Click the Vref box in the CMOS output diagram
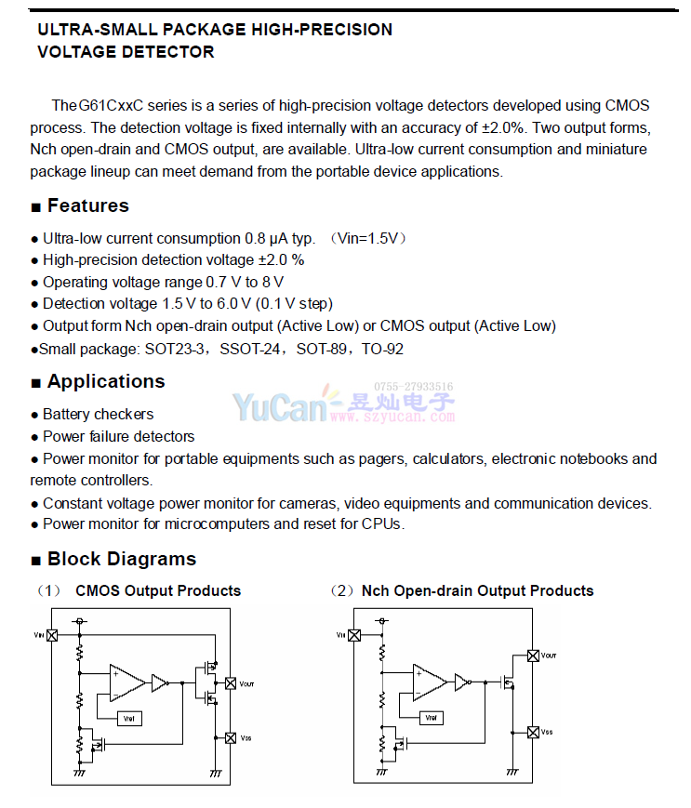pos(129,717)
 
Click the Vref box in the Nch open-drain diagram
pos(431,717)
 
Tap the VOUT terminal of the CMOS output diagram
pos(231,683)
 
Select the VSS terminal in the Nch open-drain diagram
pos(533,732)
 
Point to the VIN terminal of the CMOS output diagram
pos(52,635)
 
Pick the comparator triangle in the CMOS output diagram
pos(126,683)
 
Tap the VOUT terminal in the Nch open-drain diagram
pos(533,656)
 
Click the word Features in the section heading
pos(87,206)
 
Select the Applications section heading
pos(105,381)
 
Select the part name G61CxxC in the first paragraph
pos(110,105)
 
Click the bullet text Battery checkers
pos(98,414)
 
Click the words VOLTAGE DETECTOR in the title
pos(126,52)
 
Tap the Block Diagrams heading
pos(121,559)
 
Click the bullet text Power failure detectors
pos(118,436)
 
